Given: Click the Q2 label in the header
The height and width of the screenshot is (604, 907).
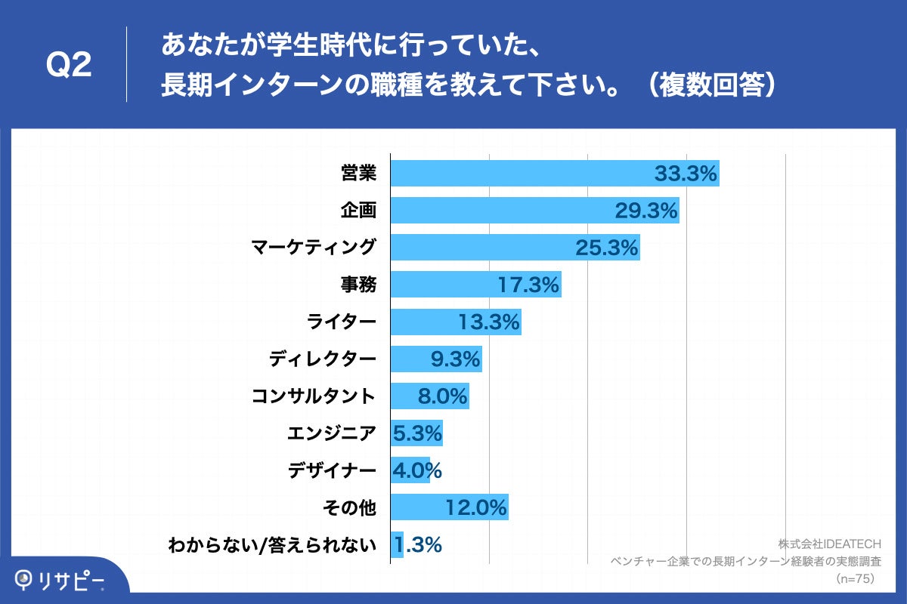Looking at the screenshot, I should [x=69, y=66].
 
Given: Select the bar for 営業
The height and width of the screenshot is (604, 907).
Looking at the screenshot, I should [x=554, y=174].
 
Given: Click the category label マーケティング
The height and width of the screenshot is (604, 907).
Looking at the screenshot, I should [x=314, y=248].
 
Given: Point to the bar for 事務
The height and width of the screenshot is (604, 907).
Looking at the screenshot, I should [x=475, y=285].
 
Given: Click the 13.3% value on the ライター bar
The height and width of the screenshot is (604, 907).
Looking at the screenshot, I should [x=489, y=322].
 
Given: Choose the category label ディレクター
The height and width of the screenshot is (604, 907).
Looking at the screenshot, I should [x=323, y=359].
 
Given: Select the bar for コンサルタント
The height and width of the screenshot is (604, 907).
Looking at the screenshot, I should [x=429, y=396].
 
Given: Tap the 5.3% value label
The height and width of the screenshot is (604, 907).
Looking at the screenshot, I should [x=416, y=434].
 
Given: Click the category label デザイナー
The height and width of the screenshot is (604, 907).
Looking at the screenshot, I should [x=332, y=471].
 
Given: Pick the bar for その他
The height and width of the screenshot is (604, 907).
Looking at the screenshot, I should [x=449, y=508].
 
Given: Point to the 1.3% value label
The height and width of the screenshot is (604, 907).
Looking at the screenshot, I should [x=416, y=545].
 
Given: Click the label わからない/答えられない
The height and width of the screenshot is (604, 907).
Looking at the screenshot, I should [x=272, y=545].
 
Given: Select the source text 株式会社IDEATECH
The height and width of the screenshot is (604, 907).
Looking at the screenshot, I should [x=829, y=544].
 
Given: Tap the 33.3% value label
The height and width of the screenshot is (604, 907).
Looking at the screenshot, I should [x=685, y=174].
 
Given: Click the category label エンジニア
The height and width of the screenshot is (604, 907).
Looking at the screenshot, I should [x=332, y=434].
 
